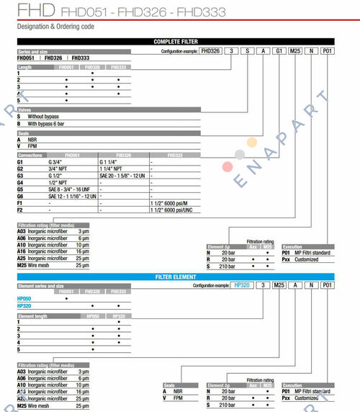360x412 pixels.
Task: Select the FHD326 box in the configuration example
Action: pyautogui.click(x=210, y=51)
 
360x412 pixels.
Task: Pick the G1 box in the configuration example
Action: pyautogui.click(x=276, y=51)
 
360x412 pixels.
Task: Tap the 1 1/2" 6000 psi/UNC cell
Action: pyautogui.click(x=173, y=211)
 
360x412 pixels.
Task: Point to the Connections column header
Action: pyautogui.click(x=31, y=155)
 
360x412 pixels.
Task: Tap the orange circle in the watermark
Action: pyautogui.click(x=251, y=142)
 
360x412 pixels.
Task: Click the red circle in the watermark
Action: pyautogui.click(x=228, y=167)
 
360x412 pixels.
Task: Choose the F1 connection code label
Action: pyautogui.click(x=21, y=204)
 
